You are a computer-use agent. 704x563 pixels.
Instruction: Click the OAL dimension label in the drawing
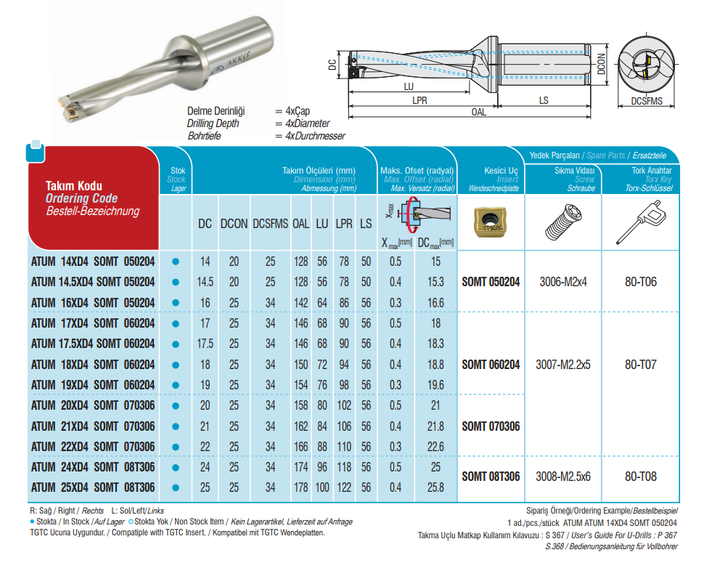[x=478, y=113]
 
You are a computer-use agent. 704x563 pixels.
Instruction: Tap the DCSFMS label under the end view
[x=647, y=102]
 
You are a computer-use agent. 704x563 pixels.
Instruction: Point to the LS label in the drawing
[x=543, y=101]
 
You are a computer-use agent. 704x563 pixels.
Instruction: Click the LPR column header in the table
[x=344, y=224]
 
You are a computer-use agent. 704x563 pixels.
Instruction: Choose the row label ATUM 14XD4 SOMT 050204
[x=93, y=261]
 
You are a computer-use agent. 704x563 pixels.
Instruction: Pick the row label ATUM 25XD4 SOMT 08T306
[x=93, y=487]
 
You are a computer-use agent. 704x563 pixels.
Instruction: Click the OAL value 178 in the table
[x=301, y=487]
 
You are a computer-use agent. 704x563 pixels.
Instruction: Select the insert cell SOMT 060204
[x=491, y=365]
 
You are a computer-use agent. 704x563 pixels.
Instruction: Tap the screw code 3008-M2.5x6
[x=564, y=477]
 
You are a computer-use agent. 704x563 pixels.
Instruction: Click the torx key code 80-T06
[x=640, y=282]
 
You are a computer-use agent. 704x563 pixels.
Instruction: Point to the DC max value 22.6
[x=435, y=447]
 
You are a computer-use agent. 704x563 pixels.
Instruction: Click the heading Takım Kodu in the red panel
[x=74, y=186]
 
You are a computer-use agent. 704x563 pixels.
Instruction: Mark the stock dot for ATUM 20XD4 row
[x=175, y=405]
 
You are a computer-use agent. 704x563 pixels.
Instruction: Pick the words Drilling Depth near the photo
[x=213, y=123]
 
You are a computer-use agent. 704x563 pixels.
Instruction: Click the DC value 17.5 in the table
[x=205, y=344]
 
